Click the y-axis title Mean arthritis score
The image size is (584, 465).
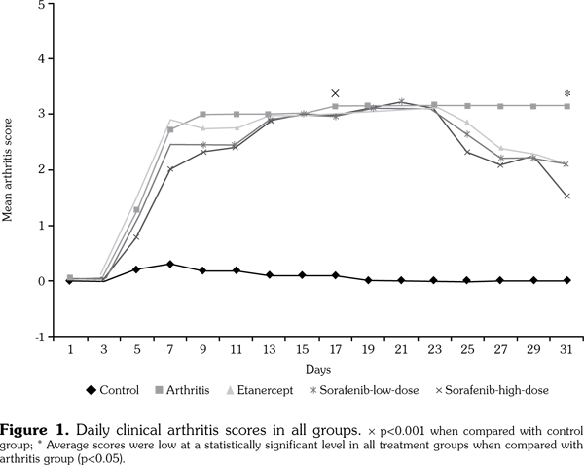tap(10, 168)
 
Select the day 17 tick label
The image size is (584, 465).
tap(336, 347)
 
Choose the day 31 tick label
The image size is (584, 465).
tap(567, 347)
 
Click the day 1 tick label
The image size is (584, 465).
tap(70, 347)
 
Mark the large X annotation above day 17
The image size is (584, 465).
tap(336, 93)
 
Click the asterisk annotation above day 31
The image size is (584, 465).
tap(567, 94)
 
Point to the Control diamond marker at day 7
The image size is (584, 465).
tap(169, 264)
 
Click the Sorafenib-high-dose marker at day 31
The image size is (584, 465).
tap(567, 196)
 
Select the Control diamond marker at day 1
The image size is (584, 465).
tap(70, 280)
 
